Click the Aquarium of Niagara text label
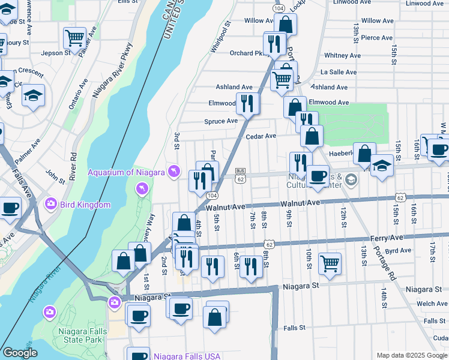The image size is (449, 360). (x=126, y=173)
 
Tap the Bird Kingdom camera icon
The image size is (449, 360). (x=50, y=205)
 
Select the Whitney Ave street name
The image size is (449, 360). (x=342, y=56)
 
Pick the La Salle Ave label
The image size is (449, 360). (x=339, y=72)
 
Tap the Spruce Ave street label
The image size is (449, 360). (x=221, y=121)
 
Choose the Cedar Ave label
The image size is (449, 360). (x=261, y=136)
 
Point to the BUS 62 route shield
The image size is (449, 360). (x=240, y=175)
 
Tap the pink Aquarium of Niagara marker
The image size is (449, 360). (x=174, y=172)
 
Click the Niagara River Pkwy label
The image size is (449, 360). (x=113, y=73)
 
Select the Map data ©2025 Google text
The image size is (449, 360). (x=412, y=355)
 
